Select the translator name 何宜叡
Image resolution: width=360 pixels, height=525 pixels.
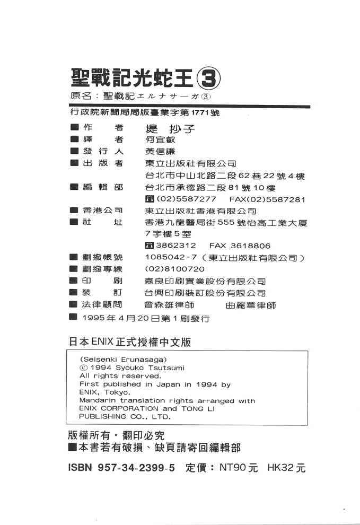[x=160, y=139]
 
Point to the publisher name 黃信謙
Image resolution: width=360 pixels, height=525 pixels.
[x=160, y=152]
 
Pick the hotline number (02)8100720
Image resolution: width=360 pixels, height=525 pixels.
[x=174, y=269]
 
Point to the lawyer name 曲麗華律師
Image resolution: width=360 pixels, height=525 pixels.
[x=250, y=305]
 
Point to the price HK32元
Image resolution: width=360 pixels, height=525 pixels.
[x=287, y=468]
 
